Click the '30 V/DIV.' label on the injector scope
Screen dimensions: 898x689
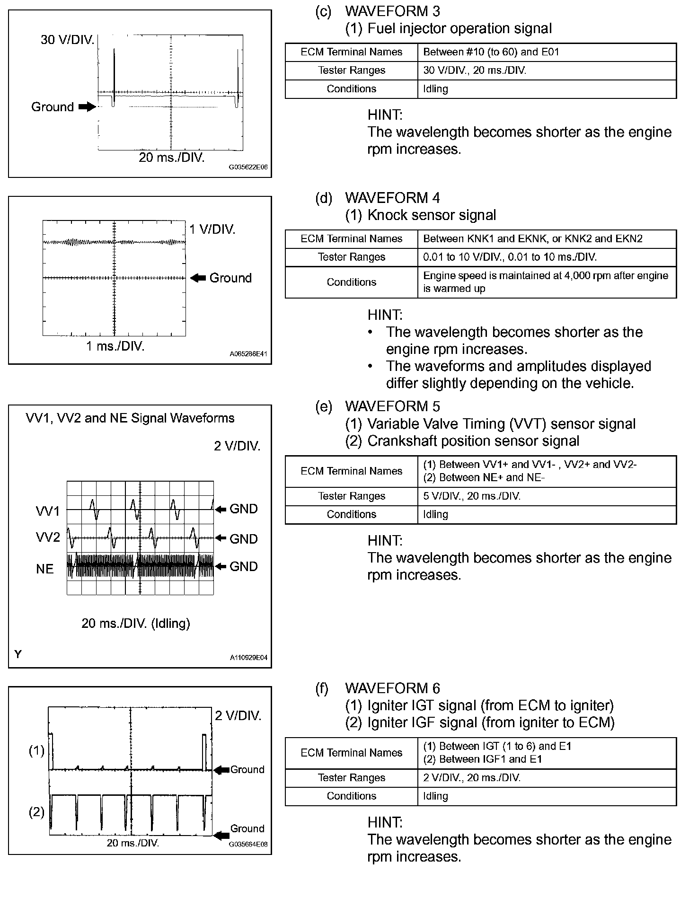tap(67, 40)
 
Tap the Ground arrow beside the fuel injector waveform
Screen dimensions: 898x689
tap(87, 107)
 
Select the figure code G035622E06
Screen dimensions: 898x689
tap(248, 167)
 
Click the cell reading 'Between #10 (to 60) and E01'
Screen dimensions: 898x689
tap(491, 52)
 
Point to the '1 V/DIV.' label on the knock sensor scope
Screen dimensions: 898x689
tap(212, 229)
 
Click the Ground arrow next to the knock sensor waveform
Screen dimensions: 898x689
tap(197, 278)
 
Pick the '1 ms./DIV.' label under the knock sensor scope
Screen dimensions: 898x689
tap(115, 346)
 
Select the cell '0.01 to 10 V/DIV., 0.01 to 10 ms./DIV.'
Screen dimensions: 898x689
tap(510, 257)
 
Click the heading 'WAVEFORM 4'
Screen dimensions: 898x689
tap(392, 198)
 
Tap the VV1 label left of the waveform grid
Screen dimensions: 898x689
tap(48, 511)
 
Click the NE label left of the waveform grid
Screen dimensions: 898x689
tap(45, 569)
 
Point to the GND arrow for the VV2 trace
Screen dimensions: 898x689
tap(221, 538)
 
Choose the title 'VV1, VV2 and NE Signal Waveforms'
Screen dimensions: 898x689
tap(130, 418)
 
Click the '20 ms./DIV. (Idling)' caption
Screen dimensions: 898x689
tap(136, 623)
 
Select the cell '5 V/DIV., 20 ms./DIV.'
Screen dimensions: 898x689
tap(472, 496)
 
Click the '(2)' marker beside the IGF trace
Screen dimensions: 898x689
tap(36, 812)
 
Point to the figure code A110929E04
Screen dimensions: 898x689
tap(248, 657)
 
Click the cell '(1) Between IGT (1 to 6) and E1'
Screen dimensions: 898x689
tap(497, 746)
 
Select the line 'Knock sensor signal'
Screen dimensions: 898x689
tap(432, 215)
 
